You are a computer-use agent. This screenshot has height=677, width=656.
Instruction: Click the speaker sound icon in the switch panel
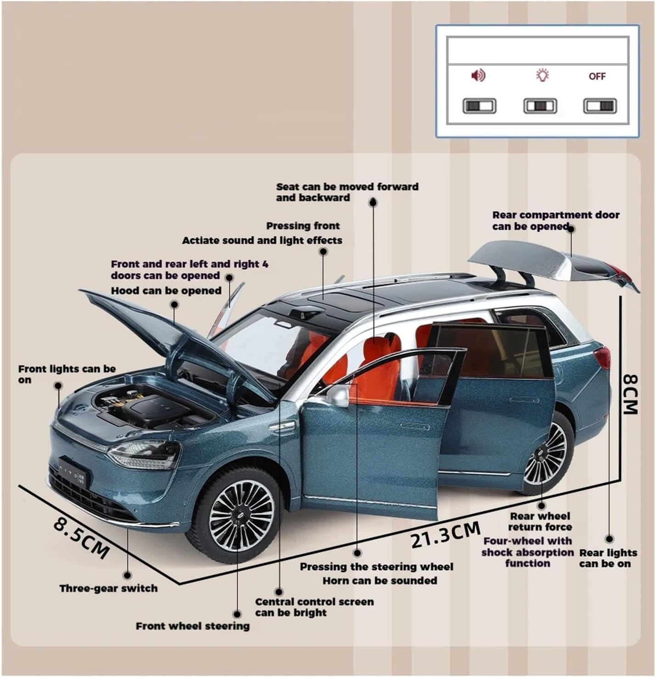(x=478, y=75)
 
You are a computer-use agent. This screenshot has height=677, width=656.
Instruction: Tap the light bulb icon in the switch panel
(x=542, y=75)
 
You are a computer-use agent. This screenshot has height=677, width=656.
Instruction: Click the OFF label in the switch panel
(x=597, y=76)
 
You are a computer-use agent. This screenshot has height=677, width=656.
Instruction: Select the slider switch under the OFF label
(x=600, y=106)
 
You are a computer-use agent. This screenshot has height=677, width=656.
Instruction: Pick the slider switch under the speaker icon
(x=479, y=106)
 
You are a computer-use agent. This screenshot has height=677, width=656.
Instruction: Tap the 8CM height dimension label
(x=630, y=394)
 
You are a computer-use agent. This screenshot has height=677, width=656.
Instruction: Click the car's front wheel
(x=237, y=514)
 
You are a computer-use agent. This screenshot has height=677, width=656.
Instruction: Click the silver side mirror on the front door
(x=338, y=395)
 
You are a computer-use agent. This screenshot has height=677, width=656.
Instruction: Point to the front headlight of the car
(x=145, y=454)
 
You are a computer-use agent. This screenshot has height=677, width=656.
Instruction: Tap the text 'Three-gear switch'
(x=109, y=588)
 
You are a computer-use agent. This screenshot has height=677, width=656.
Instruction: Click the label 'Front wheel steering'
(x=192, y=626)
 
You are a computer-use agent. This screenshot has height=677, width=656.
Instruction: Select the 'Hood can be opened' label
(x=166, y=290)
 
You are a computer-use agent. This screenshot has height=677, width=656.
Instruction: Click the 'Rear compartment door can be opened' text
(x=556, y=221)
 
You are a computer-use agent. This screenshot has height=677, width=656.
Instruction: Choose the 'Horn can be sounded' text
(x=380, y=581)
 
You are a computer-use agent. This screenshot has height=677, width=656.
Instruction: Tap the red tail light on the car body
(x=603, y=358)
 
